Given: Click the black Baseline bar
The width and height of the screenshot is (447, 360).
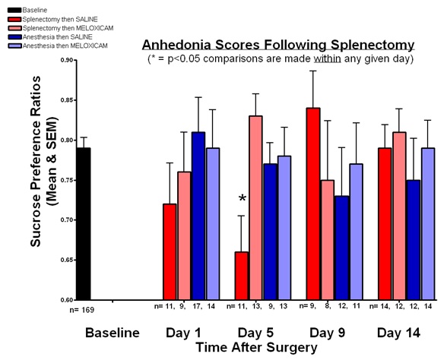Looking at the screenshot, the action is pos(84,224).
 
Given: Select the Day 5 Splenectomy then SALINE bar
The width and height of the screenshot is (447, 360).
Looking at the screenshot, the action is pos(242,276).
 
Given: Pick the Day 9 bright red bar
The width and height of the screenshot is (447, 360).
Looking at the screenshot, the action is pos(313,204).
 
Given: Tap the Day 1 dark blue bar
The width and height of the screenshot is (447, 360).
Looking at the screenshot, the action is pos(198,216).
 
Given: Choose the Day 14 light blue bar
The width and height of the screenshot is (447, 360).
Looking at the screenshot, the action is pos(428,224).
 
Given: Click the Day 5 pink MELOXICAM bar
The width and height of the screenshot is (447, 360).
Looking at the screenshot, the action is pos(255,208).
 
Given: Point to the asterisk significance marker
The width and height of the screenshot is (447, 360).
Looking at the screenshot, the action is pos(242,198).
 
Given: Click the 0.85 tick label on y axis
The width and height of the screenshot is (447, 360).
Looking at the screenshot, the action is pos(67,100).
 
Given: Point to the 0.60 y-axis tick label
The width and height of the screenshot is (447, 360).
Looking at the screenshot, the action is pos(67,300).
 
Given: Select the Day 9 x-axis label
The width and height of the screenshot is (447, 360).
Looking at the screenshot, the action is pos(327,333).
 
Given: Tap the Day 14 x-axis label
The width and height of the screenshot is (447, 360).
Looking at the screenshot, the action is pos(398,333).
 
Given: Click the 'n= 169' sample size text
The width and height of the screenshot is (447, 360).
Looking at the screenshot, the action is pos(82,310).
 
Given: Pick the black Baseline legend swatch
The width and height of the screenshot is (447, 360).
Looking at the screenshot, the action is pos(14,11).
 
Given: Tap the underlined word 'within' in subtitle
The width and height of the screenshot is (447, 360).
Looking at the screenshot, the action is pos(327,59).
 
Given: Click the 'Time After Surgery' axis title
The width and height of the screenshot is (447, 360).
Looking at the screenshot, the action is pos(257,348).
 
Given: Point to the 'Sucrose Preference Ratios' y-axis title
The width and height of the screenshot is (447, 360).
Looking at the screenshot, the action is pos(36,161).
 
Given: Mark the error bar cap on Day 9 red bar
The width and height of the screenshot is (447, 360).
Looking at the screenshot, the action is pos(313,71).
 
